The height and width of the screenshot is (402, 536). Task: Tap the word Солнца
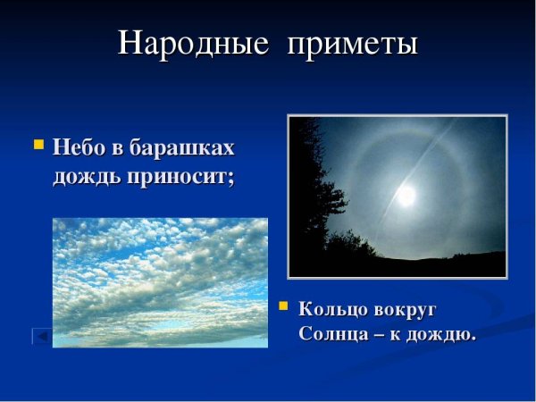pos(331,334)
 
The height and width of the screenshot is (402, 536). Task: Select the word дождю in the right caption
pos(441,334)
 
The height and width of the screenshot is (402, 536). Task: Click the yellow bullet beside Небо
pos(38,143)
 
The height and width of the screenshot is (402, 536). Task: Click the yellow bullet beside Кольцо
pos(284,306)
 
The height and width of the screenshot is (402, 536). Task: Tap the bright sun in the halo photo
pos(407,195)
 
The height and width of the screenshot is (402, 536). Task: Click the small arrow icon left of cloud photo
pos(40,336)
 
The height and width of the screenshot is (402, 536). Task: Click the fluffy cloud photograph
pos(160,281)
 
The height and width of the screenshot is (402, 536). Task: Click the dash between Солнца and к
pos(378,335)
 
